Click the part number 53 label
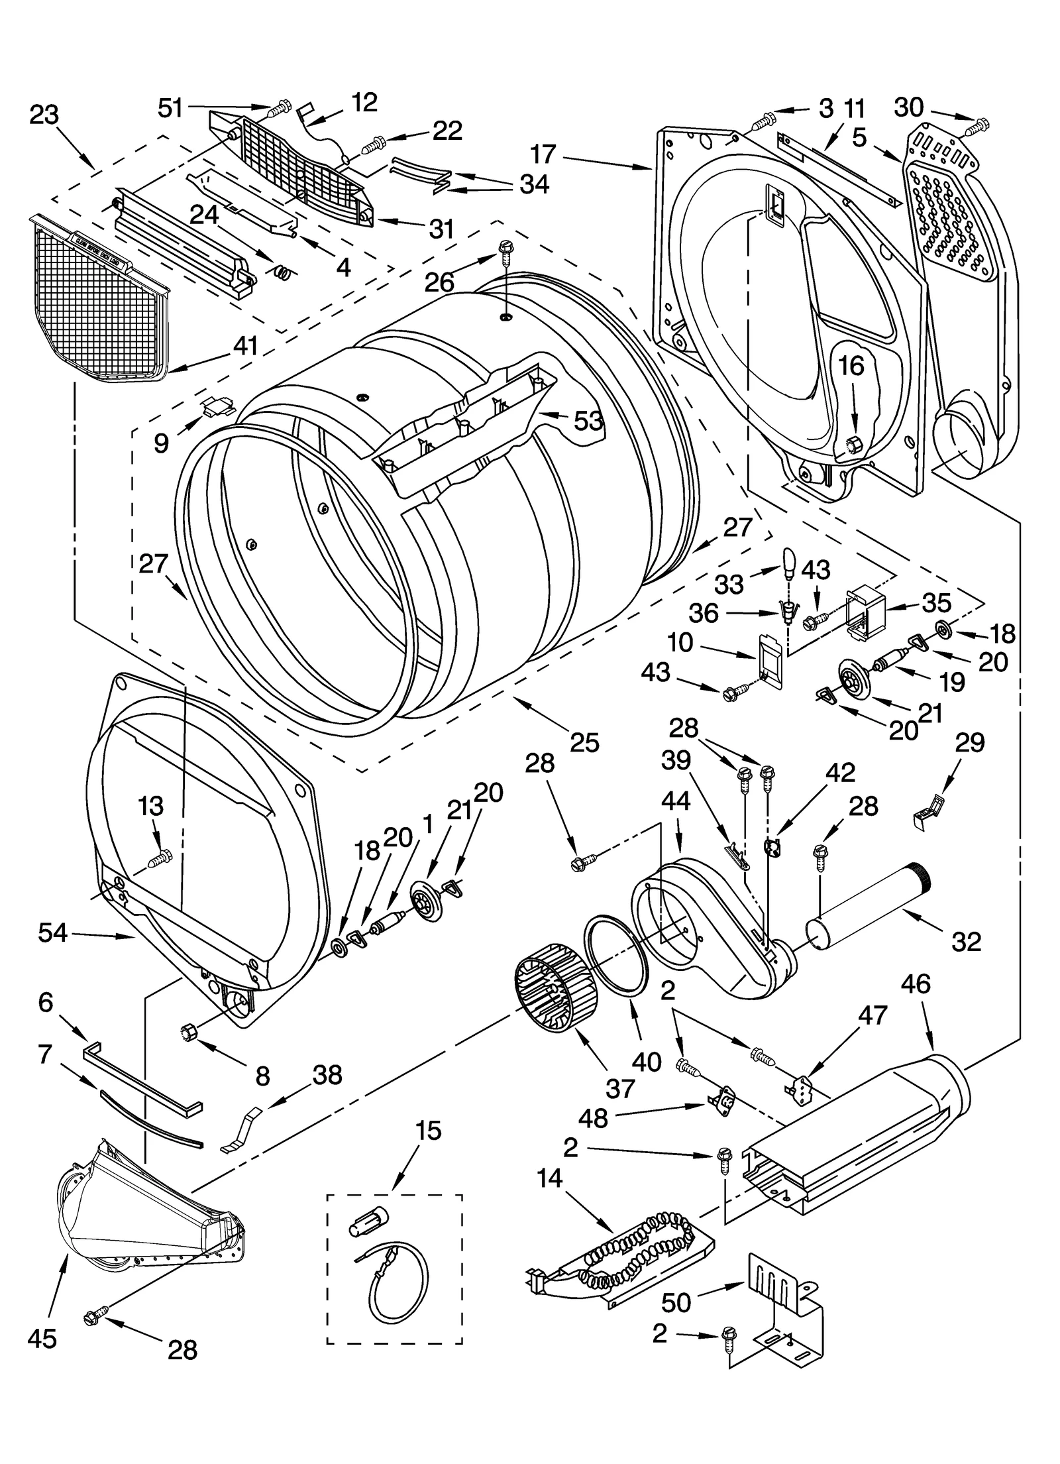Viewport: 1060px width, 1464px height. (588, 420)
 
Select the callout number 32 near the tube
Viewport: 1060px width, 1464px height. (965, 941)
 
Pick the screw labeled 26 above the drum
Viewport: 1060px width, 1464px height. (505, 250)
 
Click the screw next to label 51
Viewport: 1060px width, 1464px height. (280, 105)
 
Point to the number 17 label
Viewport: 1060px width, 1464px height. (543, 154)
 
